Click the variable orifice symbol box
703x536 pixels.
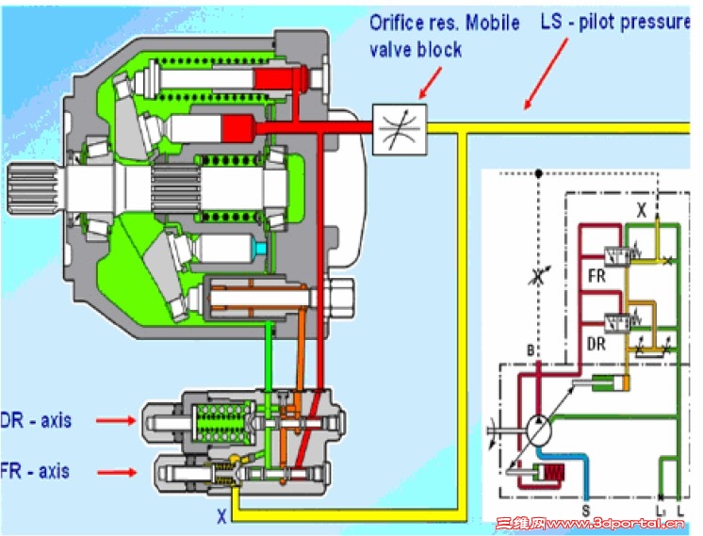click(x=401, y=128)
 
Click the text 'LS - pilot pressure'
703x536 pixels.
click(x=614, y=22)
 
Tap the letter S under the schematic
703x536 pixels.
click(x=585, y=510)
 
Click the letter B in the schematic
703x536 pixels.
click(x=531, y=351)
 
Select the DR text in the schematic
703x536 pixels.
click(x=596, y=344)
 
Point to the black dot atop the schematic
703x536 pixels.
click(x=537, y=173)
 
